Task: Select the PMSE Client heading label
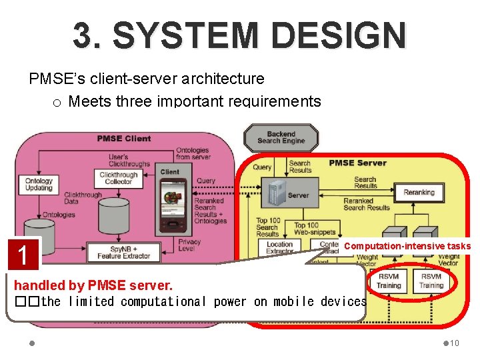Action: click(124, 139)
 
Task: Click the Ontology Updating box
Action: click(39, 185)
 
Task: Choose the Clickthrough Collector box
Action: click(118, 177)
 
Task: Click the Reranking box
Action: click(419, 193)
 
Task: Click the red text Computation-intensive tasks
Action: click(407, 247)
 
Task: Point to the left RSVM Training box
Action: click(389, 281)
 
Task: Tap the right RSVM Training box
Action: click(431, 281)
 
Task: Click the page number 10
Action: click(454, 343)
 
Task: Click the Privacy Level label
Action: click(189, 246)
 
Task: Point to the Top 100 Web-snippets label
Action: click(306, 229)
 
